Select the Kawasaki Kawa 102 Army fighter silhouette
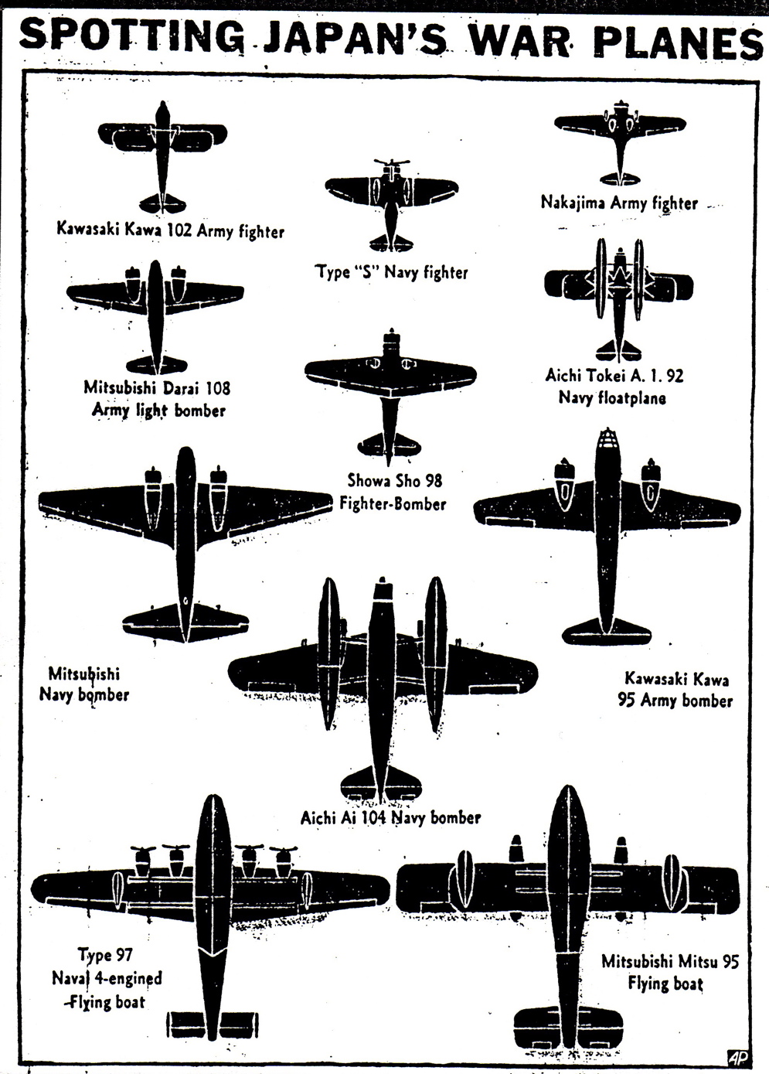tap(162, 147)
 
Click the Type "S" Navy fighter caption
tap(391, 272)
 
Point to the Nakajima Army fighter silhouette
tap(620, 135)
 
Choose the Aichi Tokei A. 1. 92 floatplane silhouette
tap(619, 290)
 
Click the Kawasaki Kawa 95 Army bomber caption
tap(675, 690)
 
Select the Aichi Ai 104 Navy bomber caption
tap(390, 817)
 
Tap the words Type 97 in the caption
tap(105, 955)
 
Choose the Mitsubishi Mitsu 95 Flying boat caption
tap(669, 973)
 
